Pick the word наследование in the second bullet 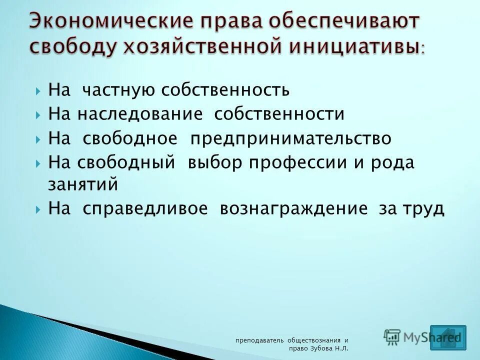tap(139, 114)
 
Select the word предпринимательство tap(290, 138)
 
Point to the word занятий tap(83, 184)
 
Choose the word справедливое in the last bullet tap(145, 208)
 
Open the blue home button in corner tap(447, 337)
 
